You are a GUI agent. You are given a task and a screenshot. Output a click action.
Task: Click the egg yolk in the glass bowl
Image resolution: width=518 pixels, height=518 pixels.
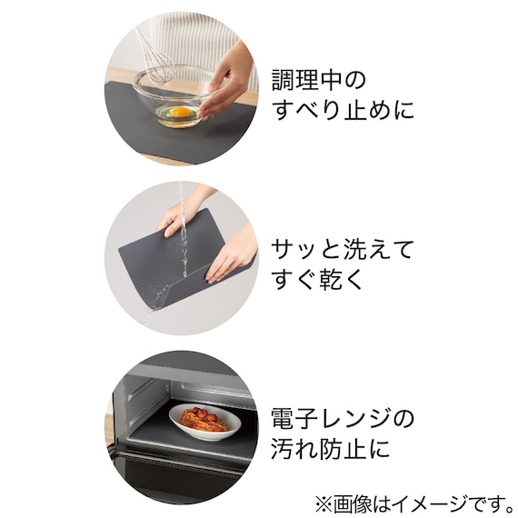(x=180, y=113)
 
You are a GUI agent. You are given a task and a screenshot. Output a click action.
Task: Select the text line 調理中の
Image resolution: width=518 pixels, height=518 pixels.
(x=319, y=79)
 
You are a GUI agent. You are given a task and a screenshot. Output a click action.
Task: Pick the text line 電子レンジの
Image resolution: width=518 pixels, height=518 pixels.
(x=343, y=419)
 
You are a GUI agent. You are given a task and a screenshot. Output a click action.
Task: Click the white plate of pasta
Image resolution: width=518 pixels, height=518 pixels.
(x=204, y=422)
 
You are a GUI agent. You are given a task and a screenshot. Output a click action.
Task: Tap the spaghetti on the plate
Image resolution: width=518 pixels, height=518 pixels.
(x=203, y=418)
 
